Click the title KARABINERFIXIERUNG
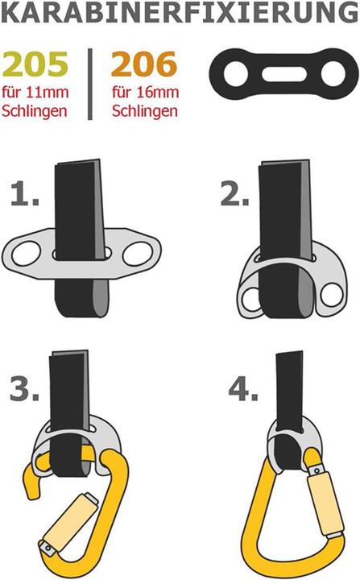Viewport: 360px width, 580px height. pyautogui.click(x=180, y=14)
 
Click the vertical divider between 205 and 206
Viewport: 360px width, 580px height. pyautogui.click(x=89, y=83)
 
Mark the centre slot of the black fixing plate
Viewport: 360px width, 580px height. pyautogui.click(x=283, y=75)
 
